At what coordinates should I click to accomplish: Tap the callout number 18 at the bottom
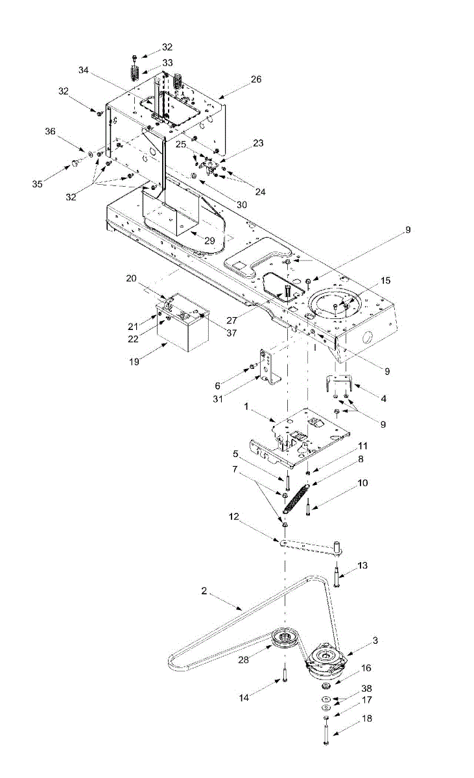pyautogui.click(x=366, y=718)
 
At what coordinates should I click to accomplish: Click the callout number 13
pyautogui.click(x=362, y=565)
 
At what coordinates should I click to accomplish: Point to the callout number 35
pyautogui.click(x=37, y=184)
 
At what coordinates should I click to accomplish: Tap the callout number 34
pyautogui.click(x=82, y=69)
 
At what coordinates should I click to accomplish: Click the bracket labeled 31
pyautogui.click(x=267, y=367)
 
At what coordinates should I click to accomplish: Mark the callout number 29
pyautogui.click(x=209, y=240)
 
